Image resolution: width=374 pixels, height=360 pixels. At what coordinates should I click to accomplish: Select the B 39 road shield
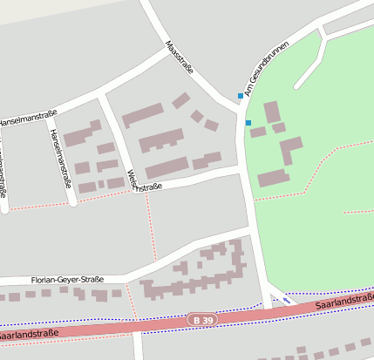pos(201,321)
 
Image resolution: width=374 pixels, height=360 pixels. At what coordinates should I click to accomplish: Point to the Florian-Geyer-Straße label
pos(66,280)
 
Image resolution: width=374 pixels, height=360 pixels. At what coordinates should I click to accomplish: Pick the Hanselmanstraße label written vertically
pos(60,158)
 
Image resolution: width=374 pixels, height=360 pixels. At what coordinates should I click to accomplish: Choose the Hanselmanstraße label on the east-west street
pos(29,116)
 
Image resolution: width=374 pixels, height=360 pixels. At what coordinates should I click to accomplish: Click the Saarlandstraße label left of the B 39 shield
pos(28,333)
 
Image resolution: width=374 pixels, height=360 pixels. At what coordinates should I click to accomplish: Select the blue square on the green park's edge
pos(248,122)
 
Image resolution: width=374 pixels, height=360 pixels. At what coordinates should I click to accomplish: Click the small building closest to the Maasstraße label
pos(181,100)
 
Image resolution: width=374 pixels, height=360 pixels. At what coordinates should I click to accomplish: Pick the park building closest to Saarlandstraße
pos(273,178)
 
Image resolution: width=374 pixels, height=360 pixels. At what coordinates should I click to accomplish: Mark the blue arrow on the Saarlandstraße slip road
pos(287,301)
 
